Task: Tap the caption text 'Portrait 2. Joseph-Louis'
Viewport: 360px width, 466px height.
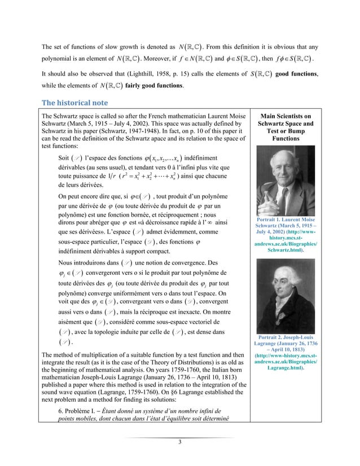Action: [293, 324]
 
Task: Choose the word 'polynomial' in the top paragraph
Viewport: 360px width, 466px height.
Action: [58, 58]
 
